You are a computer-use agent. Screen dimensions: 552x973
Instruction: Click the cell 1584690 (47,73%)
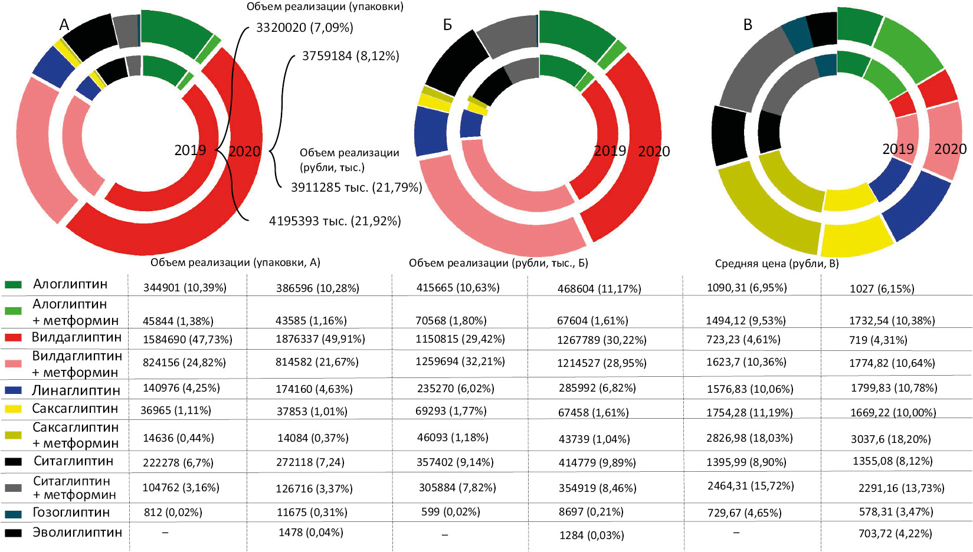click(187, 340)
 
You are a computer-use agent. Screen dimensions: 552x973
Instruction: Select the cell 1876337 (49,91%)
click(320, 339)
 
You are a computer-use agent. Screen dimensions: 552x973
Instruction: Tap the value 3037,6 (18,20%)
click(890, 439)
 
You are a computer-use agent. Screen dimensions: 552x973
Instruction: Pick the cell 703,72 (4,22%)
click(895, 533)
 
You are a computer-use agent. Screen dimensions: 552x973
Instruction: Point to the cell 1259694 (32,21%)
click(460, 362)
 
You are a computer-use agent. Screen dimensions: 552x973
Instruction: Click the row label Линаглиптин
click(76, 390)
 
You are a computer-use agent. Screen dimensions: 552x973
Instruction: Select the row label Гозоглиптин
click(71, 512)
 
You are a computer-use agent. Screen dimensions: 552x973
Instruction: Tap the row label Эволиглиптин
click(77, 532)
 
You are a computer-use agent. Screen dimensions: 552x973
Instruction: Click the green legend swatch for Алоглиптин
click(13, 284)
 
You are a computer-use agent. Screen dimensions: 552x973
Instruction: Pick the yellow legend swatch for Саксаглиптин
click(13, 409)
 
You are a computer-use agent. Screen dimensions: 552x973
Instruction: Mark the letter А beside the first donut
click(64, 25)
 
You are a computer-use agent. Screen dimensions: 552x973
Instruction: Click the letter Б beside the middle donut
click(447, 25)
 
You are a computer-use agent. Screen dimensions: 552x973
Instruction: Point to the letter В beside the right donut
click(748, 25)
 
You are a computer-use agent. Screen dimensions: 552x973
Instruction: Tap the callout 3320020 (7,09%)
click(304, 28)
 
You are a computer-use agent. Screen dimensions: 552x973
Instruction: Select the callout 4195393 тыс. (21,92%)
click(335, 221)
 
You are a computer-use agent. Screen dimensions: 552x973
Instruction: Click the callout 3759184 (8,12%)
click(350, 56)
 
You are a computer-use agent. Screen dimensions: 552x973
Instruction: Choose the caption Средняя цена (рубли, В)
click(777, 264)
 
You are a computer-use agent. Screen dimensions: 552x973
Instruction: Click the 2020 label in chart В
click(950, 149)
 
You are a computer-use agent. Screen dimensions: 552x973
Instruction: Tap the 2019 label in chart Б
click(610, 151)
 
